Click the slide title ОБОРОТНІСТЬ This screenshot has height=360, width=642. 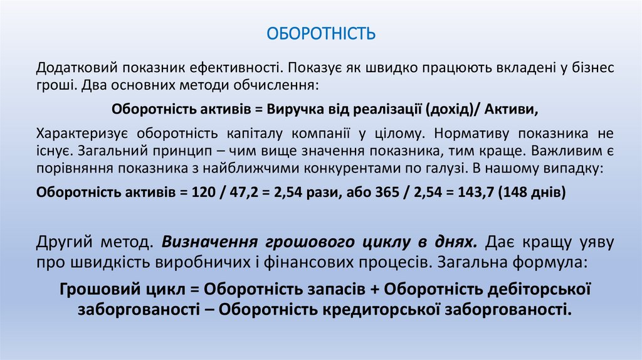coord(321,33)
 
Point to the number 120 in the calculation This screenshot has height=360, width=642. coord(199,193)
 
